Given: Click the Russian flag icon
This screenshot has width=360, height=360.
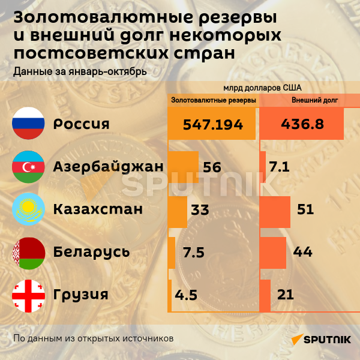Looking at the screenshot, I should coord(29,124).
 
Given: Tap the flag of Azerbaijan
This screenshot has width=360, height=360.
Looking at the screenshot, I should coord(29,167).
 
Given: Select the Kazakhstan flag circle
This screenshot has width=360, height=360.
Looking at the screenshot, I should coord(29,209).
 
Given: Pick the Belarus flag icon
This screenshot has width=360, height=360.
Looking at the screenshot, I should coord(29,252).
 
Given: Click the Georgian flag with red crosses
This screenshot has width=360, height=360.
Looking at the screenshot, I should coord(29,295).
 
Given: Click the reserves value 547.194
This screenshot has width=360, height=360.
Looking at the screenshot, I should coord(213,124).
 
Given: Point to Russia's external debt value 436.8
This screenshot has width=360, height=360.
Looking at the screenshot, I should coord(302,124).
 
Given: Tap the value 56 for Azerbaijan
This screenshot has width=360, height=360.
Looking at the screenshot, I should coord(212,167).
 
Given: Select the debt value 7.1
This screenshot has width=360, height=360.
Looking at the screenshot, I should coord(280,167).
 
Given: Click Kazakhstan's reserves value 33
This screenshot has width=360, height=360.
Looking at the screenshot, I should coord(199,210).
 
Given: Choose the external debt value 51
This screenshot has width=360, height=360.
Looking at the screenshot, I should coord(305,210).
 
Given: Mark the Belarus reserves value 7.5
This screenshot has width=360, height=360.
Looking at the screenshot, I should coord(194,253).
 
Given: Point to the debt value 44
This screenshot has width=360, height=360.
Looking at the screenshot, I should coord(303,253).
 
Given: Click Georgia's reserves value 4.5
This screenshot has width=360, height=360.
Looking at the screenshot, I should coord(186,295).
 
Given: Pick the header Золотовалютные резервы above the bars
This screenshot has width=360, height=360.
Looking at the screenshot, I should coord(214,100).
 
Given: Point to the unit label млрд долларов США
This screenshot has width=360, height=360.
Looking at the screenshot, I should coord(263,88).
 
